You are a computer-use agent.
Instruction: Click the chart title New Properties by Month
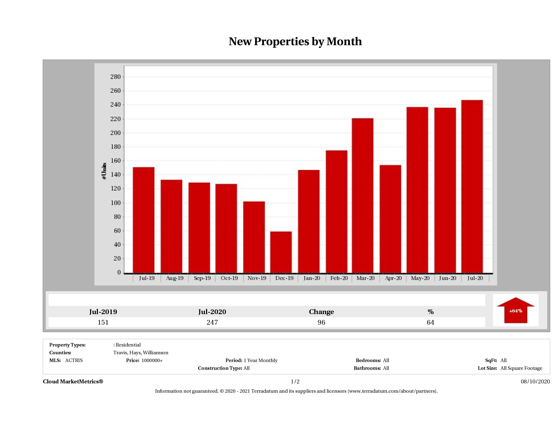tap(295, 42)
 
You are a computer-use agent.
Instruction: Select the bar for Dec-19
tap(281, 252)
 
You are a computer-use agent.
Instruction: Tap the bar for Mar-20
tap(363, 195)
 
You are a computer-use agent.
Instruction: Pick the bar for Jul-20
tap(472, 186)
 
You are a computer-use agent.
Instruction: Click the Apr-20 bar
tap(390, 219)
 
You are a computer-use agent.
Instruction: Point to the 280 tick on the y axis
tap(116, 77)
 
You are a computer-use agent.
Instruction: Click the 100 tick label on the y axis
tap(116, 203)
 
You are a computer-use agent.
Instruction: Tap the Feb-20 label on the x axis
tap(339, 278)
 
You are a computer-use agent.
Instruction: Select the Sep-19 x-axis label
tap(202, 278)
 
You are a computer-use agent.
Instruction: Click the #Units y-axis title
tap(104, 171)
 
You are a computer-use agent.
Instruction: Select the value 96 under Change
tap(321, 322)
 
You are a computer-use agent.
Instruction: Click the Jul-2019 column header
tap(103, 312)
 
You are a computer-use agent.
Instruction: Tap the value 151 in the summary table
tap(103, 322)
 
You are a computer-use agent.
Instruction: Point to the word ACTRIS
tap(74, 360)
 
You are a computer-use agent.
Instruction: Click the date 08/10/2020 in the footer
tap(535, 381)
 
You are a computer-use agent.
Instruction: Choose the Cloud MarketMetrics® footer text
tap(73, 381)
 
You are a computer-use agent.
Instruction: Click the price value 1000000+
tap(152, 360)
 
